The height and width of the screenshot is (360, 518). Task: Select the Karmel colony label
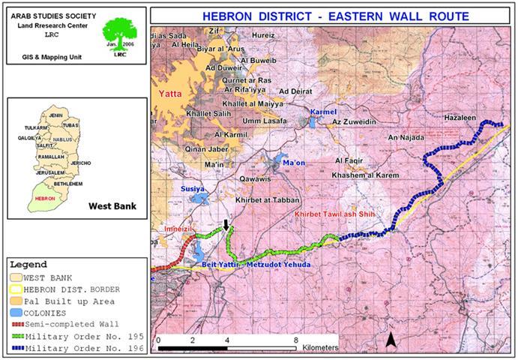click(324, 111)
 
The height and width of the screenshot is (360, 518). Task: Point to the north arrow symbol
click(391, 342)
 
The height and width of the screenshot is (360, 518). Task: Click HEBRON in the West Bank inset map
click(47, 198)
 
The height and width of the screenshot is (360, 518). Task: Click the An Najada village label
click(406, 138)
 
